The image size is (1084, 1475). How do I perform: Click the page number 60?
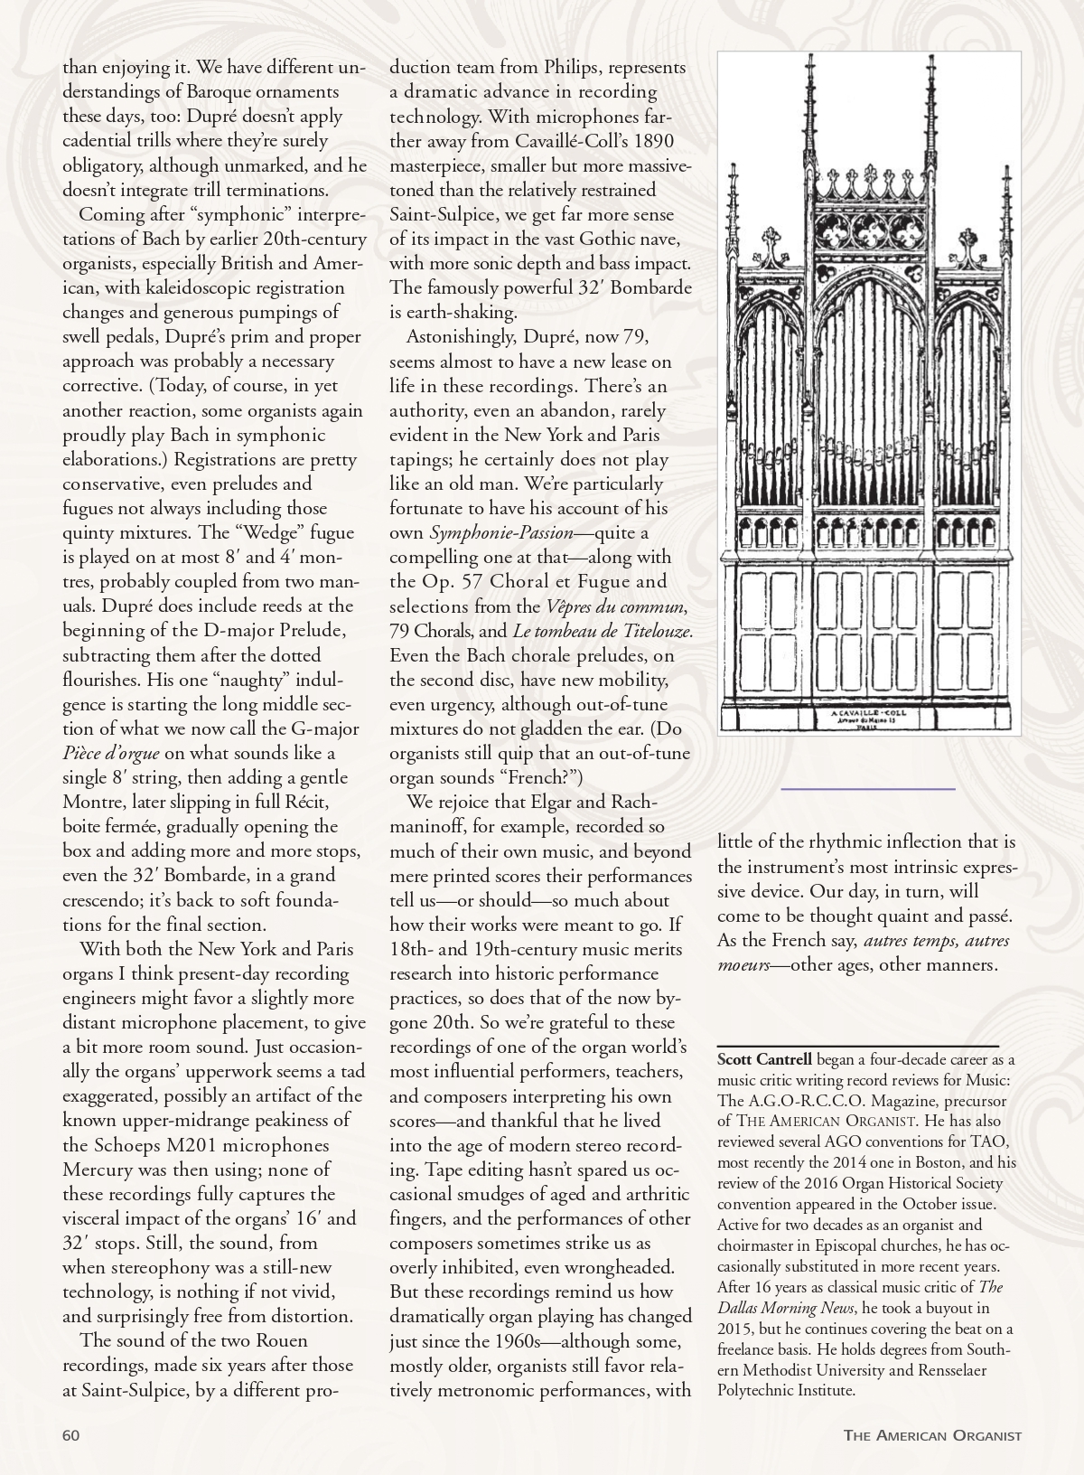coord(71,1435)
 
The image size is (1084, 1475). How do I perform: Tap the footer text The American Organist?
coord(932,1435)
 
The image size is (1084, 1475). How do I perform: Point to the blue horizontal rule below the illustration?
coord(867,789)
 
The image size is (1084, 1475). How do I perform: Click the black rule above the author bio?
coord(857,1046)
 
